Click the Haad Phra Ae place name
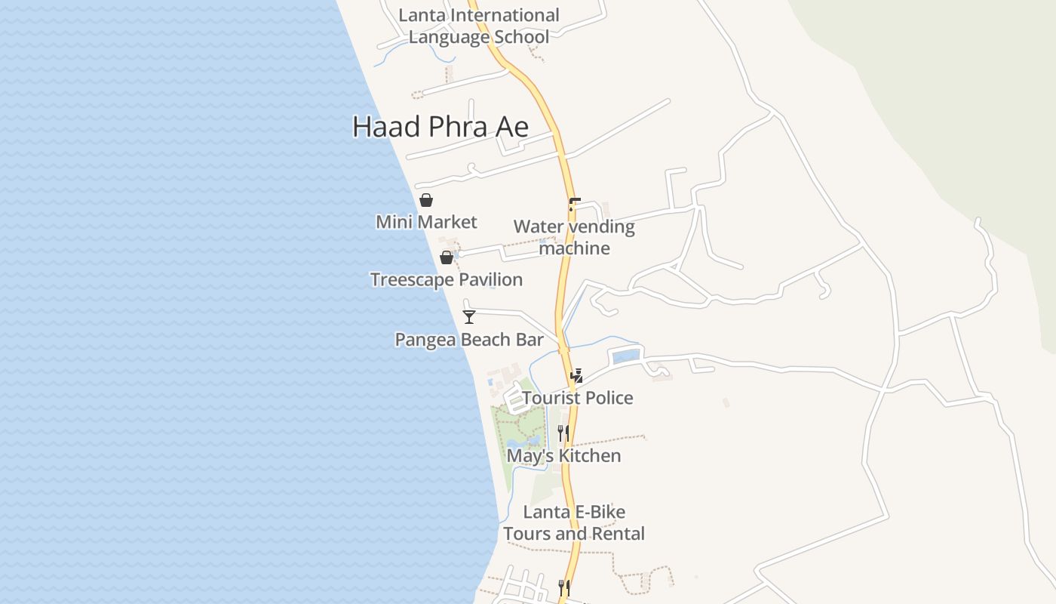441,127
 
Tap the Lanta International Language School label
478,26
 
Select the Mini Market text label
426,222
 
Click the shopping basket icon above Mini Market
426,200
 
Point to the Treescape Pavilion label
446,279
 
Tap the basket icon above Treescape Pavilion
447,257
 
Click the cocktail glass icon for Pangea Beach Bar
469,317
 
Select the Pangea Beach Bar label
469,340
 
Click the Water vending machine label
574,237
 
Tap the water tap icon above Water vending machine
575,204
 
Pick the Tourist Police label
577,398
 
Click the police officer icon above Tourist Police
577,375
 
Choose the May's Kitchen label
563,456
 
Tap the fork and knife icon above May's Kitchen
563,433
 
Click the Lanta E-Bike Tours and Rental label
573,522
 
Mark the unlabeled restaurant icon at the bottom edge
563,587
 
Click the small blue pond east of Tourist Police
625,356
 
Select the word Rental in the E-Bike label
618,534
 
